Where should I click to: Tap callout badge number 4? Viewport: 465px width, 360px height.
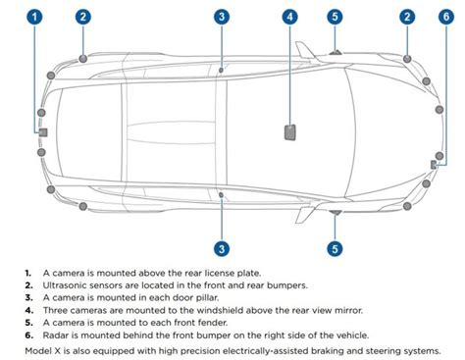(x=290, y=17)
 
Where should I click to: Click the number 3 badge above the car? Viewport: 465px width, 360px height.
(x=223, y=17)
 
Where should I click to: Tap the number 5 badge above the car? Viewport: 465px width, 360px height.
(x=336, y=17)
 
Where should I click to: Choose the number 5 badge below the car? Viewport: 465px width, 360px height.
(x=336, y=248)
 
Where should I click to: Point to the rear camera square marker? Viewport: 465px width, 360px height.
(x=42, y=130)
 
